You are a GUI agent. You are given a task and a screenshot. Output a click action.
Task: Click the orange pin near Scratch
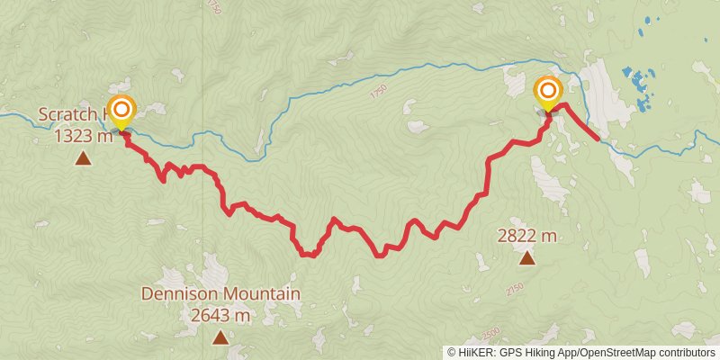coord(121,109)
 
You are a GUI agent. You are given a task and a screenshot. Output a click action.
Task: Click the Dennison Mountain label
coord(220,294)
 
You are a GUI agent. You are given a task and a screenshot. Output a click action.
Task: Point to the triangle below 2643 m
coord(220,337)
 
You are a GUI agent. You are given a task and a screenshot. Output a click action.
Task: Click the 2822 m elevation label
coord(526,236)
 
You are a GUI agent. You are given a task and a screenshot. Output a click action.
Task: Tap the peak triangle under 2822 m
coord(526,259)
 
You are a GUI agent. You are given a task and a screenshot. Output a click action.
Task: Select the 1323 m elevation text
coord(83,136)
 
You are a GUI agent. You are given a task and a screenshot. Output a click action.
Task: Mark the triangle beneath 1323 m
coord(83,159)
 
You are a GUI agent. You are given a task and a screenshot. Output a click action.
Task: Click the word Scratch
coord(70,115)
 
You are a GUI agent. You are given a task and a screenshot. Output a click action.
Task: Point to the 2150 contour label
coord(514,289)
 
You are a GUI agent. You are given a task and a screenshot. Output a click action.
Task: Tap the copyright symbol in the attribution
coord(453,352)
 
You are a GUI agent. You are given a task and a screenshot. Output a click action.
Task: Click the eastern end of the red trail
coord(598,139)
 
